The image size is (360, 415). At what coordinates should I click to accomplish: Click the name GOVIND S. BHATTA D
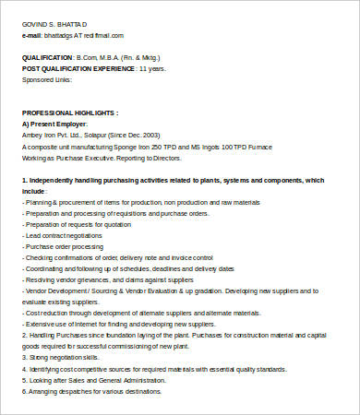pyautogui.click(x=54, y=23)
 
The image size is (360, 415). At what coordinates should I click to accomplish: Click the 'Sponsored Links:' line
pyautogui.click(x=45, y=79)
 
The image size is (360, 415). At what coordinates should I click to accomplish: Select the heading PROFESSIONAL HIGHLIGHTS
pyautogui.click(x=69, y=112)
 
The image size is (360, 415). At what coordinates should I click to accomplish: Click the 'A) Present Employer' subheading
pyautogui.click(x=54, y=123)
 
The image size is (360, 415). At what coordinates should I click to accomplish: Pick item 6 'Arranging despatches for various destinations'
pyautogui.click(x=91, y=391)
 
